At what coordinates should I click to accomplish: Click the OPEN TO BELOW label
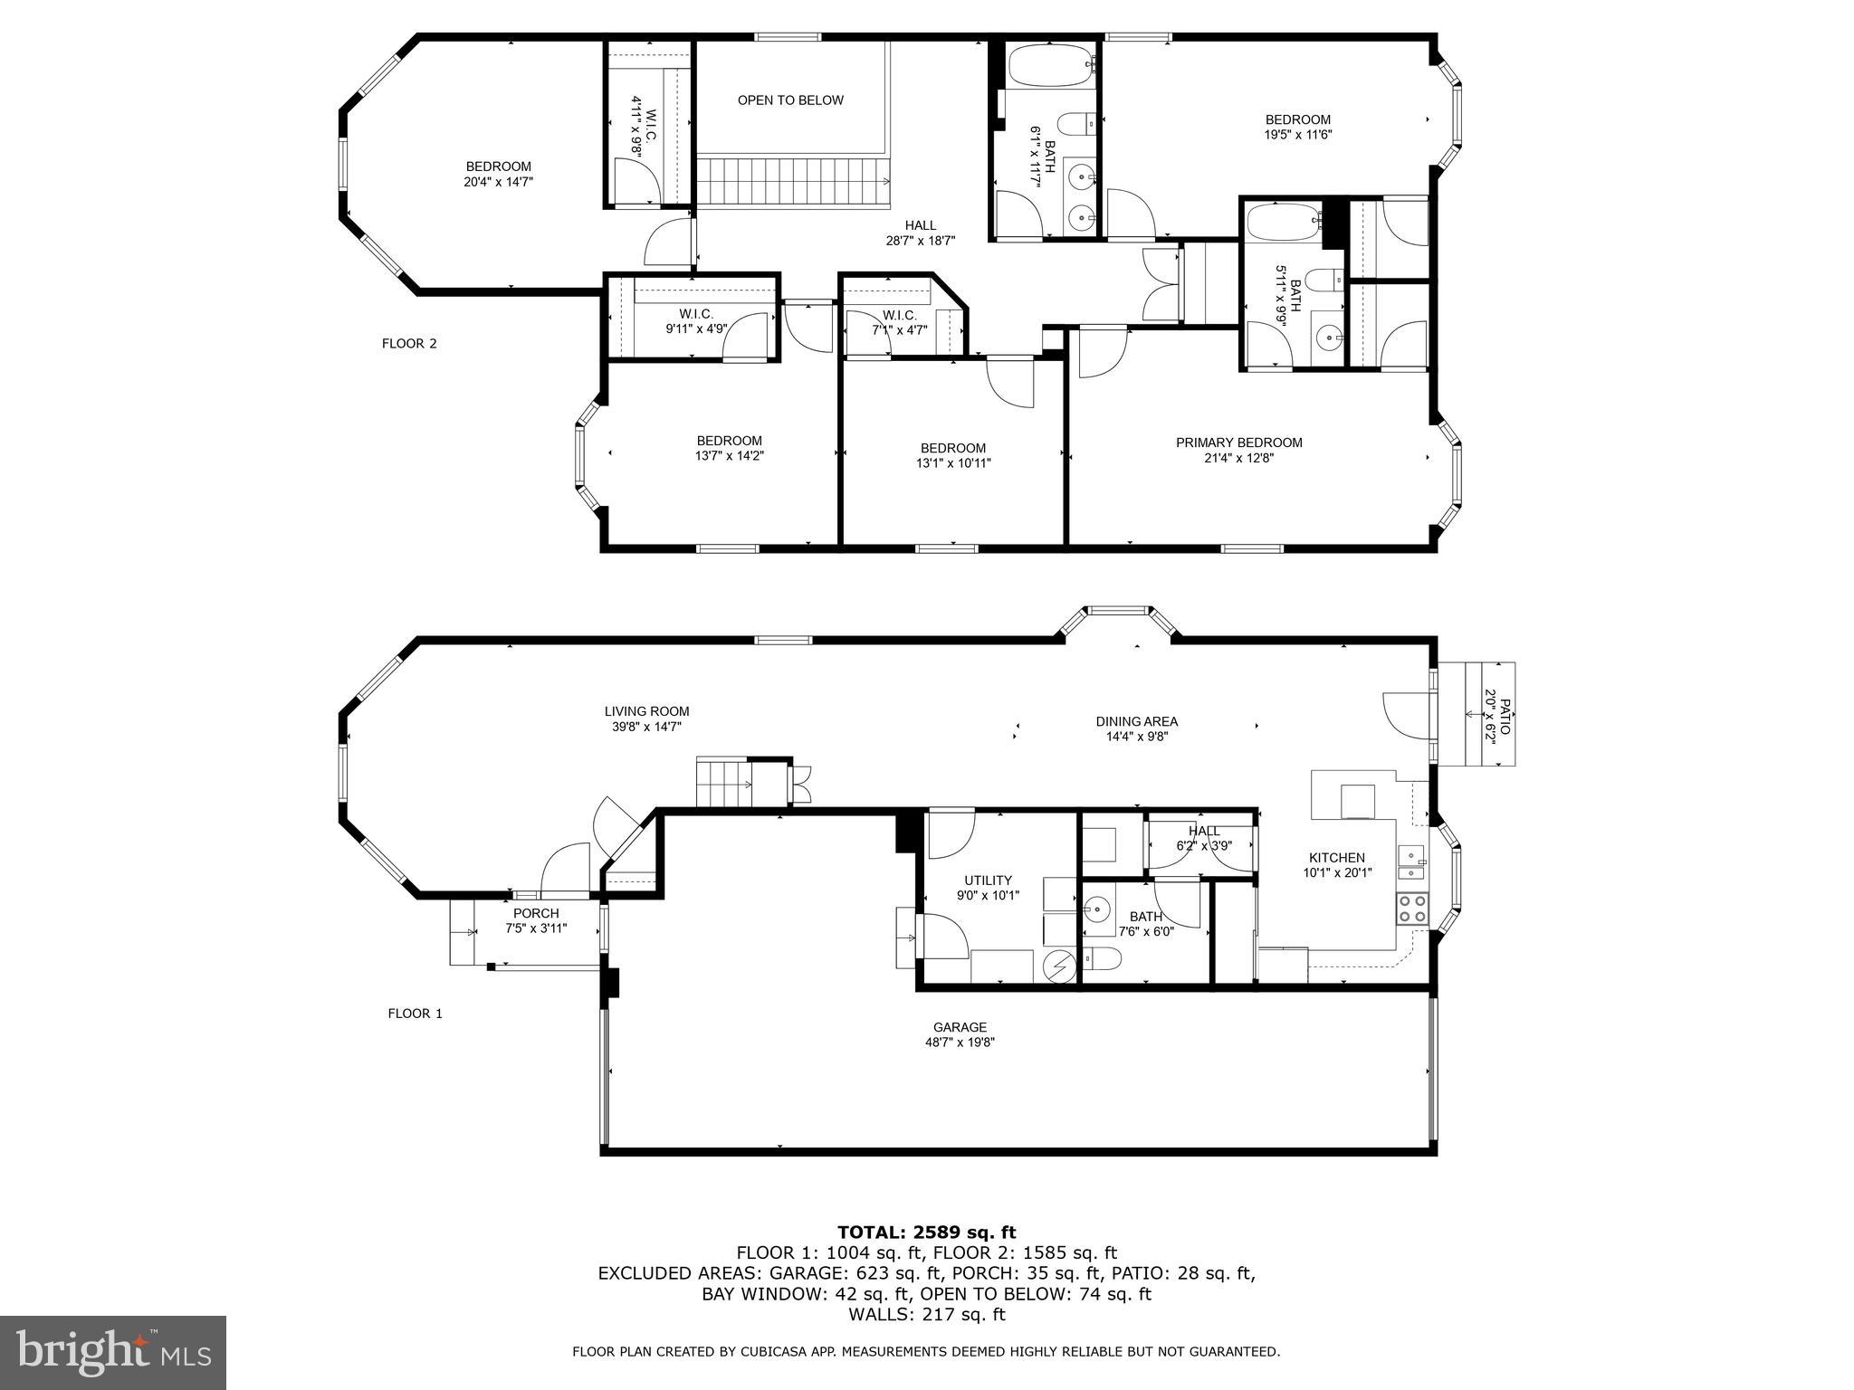790,100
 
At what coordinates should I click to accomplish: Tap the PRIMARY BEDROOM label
1238,443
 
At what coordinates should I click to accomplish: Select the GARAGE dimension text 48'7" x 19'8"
960,1042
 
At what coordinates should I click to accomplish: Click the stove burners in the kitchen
1411,909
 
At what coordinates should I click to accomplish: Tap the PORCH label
536,913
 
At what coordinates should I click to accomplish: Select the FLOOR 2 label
409,344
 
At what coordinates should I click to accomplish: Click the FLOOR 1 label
415,1014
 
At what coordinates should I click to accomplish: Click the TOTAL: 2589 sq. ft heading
926,1232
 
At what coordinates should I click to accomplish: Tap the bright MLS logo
113,1353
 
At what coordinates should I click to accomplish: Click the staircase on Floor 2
794,181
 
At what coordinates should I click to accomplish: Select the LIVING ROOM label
647,711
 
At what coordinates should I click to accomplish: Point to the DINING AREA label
1136,721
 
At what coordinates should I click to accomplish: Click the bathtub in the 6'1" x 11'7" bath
1050,65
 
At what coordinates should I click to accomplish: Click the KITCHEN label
1336,858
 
